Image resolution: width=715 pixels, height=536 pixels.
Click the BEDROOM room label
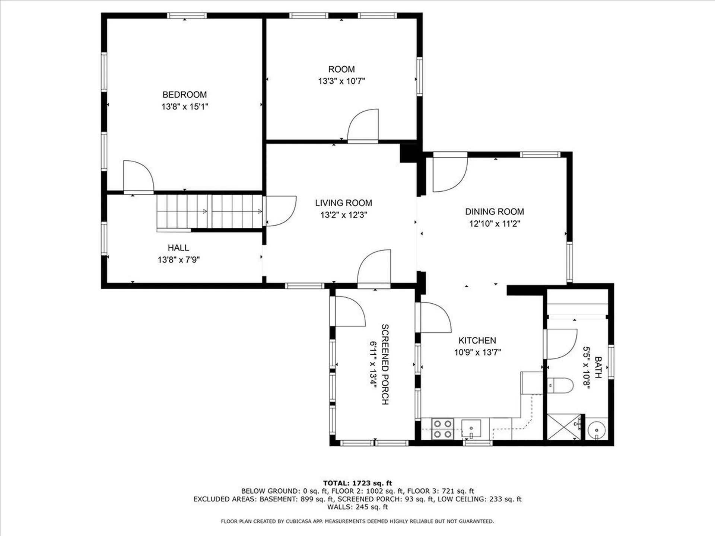pyautogui.click(x=184, y=95)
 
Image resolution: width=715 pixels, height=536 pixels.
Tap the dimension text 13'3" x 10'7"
pyautogui.click(x=341, y=81)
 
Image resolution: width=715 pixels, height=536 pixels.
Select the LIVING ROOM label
pyautogui.click(x=343, y=203)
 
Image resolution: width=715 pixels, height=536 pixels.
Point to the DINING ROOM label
pyautogui.click(x=494, y=212)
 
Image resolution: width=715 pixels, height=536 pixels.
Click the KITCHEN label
pyautogui.click(x=477, y=341)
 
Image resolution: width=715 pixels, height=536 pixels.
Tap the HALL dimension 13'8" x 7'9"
pyautogui.click(x=178, y=260)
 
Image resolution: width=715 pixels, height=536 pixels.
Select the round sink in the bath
pyautogui.click(x=597, y=431)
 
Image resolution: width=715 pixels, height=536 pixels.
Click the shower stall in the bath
pyautogui.click(x=563, y=427)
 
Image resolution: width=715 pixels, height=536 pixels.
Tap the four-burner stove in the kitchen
pyautogui.click(x=443, y=429)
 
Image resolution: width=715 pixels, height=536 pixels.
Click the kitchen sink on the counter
pyautogui.click(x=471, y=428)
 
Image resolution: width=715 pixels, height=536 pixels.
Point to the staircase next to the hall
pyautogui.click(x=210, y=211)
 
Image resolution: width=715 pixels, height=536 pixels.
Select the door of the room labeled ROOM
pyautogui.click(x=363, y=125)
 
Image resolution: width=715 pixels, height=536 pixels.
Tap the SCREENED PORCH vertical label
pyautogui.click(x=385, y=364)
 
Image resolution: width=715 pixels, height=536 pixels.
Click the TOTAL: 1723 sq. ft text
pyautogui.click(x=357, y=483)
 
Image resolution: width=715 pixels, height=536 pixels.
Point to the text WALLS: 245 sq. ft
pyautogui.click(x=357, y=507)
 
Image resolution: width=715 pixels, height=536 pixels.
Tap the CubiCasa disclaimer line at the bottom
pyautogui.click(x=357, y=521)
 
